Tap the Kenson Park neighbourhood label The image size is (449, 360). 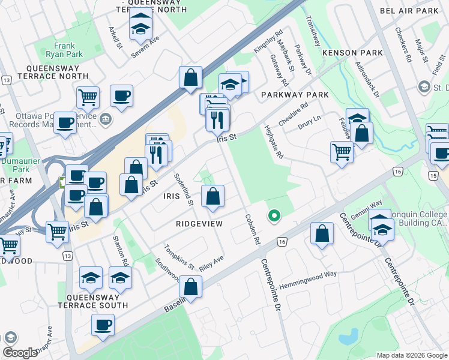point(352,53)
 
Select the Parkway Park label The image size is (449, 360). point(295,95)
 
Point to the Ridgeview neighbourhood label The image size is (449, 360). point(199,224)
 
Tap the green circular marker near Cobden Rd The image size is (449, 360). point(274,215)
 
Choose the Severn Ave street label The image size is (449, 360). point(146,47)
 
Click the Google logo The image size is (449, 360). point(20,353)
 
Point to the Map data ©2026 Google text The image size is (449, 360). point(411,355)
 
